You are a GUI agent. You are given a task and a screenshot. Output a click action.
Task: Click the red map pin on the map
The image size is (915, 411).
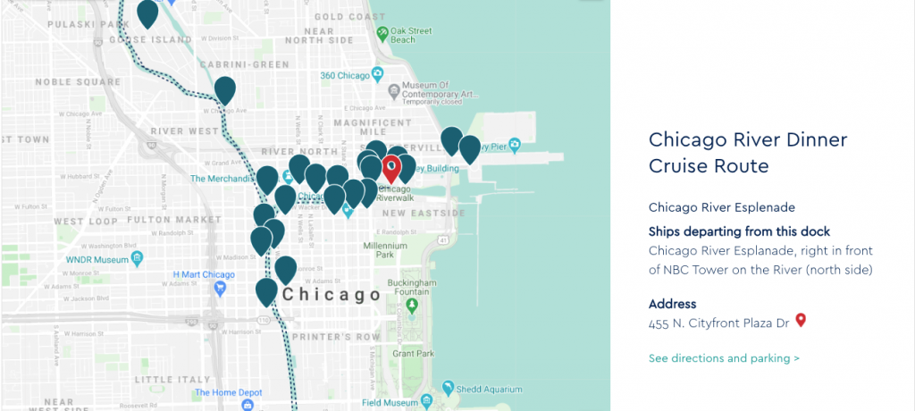coord(391,167)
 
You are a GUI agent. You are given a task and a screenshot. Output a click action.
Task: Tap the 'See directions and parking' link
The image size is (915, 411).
coord(724,358)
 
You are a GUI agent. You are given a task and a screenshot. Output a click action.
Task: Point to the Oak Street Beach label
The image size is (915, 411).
coord(410,36)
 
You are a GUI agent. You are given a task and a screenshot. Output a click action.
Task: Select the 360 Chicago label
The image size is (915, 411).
coord(345,76)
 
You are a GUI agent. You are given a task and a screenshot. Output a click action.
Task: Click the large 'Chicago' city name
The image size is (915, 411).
coord(331,295)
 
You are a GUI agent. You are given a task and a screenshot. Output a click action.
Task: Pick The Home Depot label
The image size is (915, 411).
coord(227,391)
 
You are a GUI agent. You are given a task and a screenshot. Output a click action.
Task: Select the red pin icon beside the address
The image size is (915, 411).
coord(801,319)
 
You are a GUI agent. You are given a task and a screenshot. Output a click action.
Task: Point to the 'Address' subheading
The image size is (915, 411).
coord(672,304)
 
